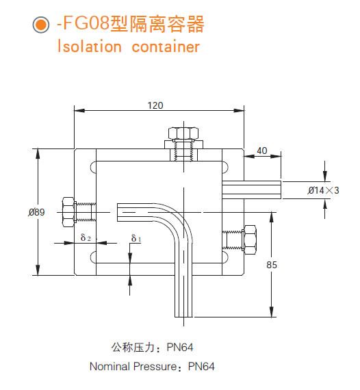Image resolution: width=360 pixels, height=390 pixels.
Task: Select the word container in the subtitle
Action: click(x=166, y=47)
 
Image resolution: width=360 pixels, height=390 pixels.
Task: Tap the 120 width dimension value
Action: click(x=155, y=105)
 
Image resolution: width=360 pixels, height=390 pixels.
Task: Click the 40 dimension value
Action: click(x=262, y=151)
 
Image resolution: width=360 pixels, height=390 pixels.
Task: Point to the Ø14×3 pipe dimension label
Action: click(x=323, y=190)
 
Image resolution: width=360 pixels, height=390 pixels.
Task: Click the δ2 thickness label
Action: click(x=86, y=238)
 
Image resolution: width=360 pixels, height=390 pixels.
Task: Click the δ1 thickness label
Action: click(x=136, y=238)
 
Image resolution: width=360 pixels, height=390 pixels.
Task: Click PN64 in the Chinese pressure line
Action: click(x=190, y=347)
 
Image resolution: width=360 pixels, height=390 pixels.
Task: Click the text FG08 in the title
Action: click(x=83, y=25)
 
